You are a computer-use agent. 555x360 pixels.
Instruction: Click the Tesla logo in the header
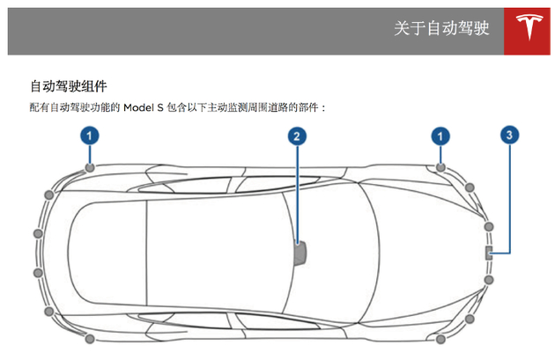click(529, 32)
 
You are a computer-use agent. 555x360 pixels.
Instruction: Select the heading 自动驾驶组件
click(70, 86)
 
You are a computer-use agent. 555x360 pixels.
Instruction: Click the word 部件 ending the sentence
click(310, 107)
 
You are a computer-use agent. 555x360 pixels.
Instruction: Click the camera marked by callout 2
click(300, 252)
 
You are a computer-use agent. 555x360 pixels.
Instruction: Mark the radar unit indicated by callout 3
click(488, 253)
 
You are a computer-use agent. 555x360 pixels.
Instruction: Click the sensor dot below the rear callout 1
click(90, 167)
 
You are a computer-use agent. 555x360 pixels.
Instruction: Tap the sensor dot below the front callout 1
click(440, 167)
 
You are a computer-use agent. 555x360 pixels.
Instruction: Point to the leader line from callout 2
click(297, 194)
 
